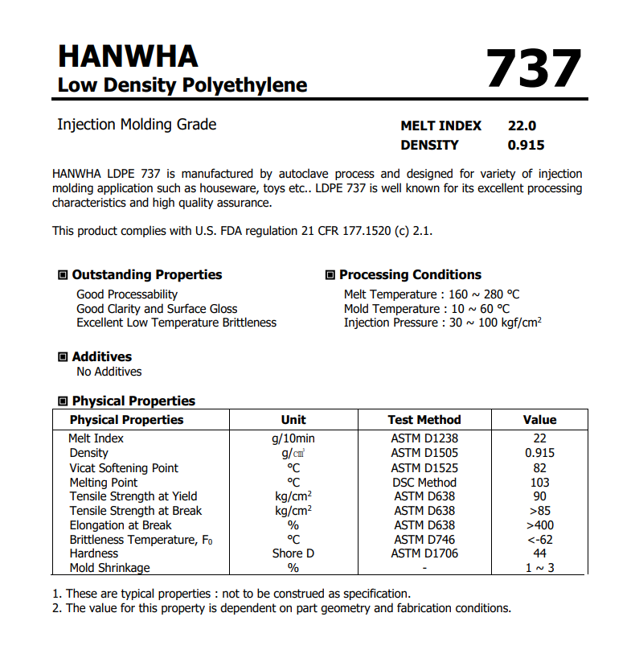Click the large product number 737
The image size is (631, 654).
pos(534,69)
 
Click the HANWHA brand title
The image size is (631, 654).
pos(128,56)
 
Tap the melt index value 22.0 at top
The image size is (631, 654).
pos(522,125)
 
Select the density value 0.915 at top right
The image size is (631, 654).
pos(526,145)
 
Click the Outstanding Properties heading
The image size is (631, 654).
pos(146,274)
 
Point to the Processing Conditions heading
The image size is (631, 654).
pos(410,274)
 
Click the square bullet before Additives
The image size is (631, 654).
pos(63,356)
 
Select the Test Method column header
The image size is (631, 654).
pos(424,419)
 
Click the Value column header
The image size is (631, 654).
pos(539,419)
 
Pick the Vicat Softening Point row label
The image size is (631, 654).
pos(124,468)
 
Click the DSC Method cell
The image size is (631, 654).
pos(424,483)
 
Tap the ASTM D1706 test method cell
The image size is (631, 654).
pos(424,553)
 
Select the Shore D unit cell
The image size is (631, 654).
pos(293,553)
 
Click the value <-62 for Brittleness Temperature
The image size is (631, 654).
pos(539,539)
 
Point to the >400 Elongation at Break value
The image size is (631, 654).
pos(539,525)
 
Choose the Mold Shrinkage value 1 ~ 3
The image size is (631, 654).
pos(539,568)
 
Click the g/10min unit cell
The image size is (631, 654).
pos(293,438)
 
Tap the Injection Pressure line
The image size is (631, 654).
pos(442,323)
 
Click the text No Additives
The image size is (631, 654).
pos(109,372)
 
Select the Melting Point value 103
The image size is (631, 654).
pos(539,483)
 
